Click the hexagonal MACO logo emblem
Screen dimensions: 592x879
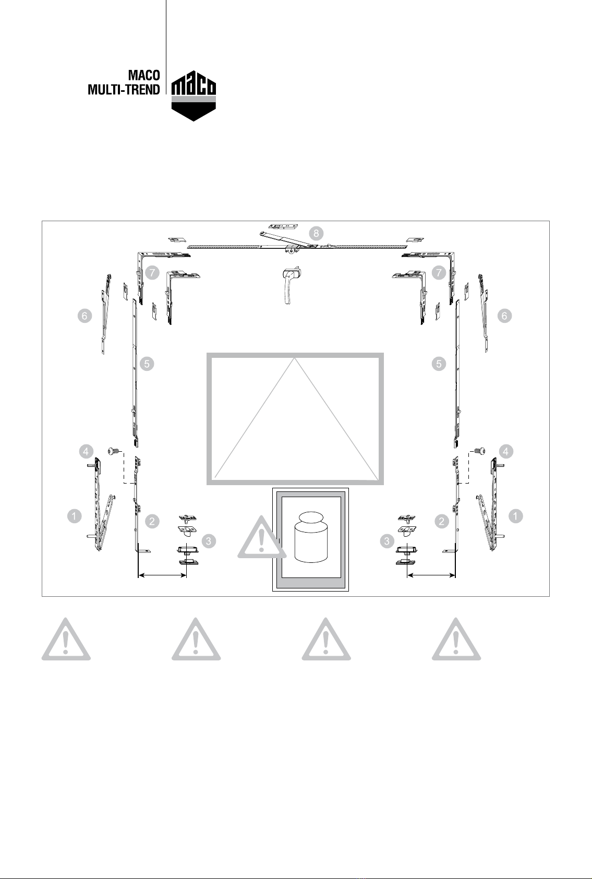tap(194, 96)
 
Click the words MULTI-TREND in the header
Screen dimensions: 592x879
tap(124, 90)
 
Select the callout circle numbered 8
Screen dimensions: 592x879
tap(316, 234)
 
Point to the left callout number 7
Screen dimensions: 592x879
tap(152, 273)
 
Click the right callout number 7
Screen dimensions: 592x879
tap(439, 273)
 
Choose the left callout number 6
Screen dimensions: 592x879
tap(84, 316)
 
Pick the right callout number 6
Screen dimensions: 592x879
tap(504, 316)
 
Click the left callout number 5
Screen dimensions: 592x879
tap(147, 364)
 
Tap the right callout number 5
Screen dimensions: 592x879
tap(439, 364)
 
